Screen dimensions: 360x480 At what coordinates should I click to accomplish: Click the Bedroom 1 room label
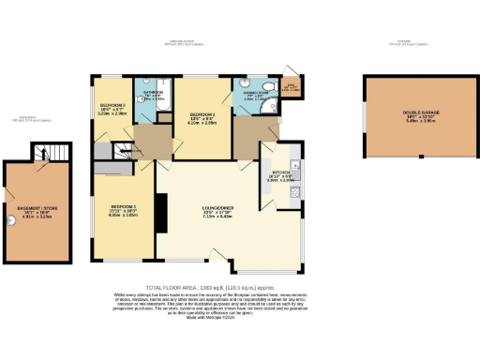124,206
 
